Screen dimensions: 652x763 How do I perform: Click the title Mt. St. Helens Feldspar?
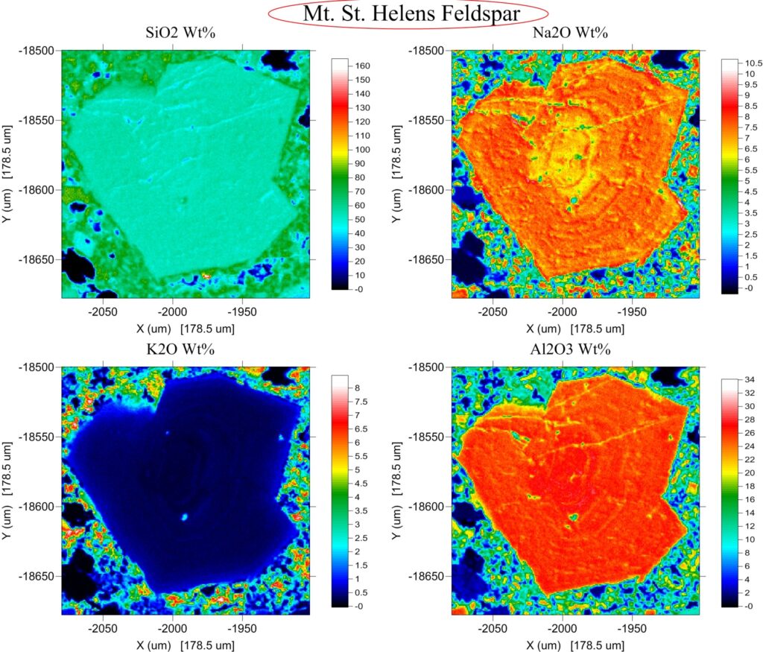pos(409,13)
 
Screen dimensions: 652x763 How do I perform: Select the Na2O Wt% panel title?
pos(574,33)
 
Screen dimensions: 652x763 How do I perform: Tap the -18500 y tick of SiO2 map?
pos(35,50)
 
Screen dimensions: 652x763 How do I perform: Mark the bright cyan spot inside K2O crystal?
pos(183,516)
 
